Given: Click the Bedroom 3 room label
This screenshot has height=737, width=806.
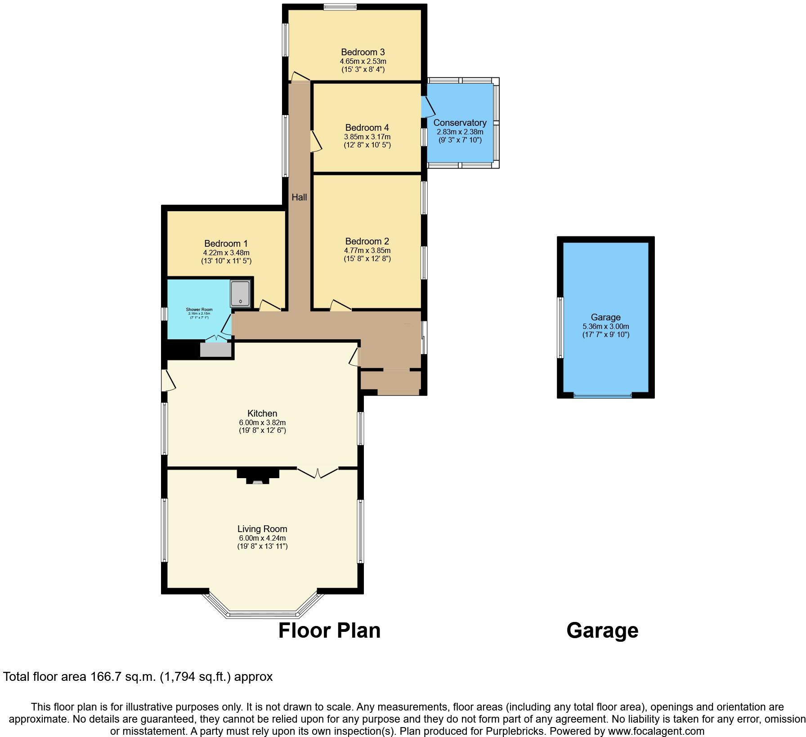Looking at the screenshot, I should pyautogui.click(x=363, y=53).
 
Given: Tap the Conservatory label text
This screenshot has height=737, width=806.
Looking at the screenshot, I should pyautogui.click(x=460, y=123).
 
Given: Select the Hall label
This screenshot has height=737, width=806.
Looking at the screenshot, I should pyautogui.click(x=299, y=197).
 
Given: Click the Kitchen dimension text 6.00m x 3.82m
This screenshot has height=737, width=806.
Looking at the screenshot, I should pyautogui.click(x=262, y=422).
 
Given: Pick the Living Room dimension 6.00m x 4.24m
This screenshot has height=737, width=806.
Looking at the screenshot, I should pyautogui.click(x=262, y=538).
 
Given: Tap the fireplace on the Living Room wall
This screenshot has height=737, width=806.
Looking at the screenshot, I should pyautogui.click(x=258, y=476).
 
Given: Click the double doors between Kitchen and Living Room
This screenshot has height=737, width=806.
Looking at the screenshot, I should pyautogui.click(x=318, y=472).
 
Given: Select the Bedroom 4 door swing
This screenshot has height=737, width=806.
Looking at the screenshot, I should pyautogui.click(x=316, y=142).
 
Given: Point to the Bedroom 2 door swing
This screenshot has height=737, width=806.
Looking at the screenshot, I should pyautogui.click(x=340, y=306).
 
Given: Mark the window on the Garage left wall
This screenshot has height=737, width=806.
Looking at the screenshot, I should pyautogui.click(x=560, y=328).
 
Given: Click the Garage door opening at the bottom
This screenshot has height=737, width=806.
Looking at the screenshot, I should pyautogui.click(x=603, y=396).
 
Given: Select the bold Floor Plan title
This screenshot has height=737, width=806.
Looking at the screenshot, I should pyautogui.click(x=329, y=630).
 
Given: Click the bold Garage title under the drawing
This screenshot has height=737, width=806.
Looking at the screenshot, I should pyautogui.click(x=602, y=630).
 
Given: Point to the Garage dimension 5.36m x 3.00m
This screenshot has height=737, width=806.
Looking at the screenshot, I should pyautogui.click(x=605, y=326).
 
